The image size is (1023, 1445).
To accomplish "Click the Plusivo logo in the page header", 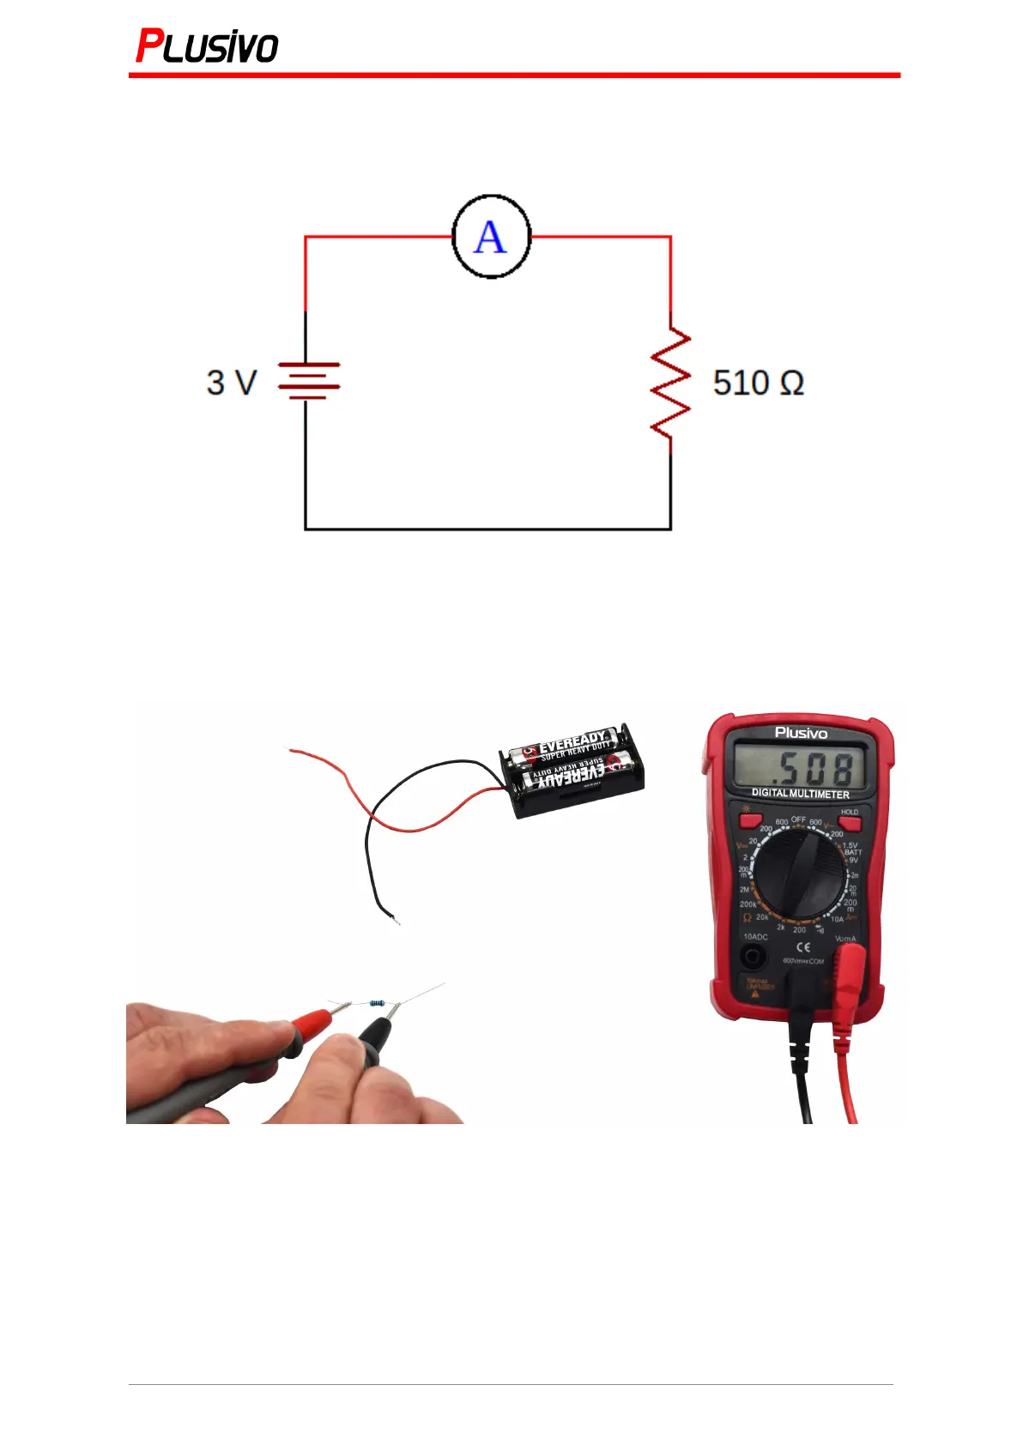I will tap(207, 46).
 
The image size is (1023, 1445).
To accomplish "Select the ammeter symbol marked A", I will tap(491, 237).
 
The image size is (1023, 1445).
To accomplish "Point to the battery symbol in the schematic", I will tap(307, 381).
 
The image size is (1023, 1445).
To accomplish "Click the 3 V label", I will tap(231, 383).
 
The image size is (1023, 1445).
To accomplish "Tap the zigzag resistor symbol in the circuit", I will tap(671, 383).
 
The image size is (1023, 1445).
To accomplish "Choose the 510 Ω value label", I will tap(758, 383).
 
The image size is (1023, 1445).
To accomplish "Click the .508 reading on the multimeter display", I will tap(811, 767).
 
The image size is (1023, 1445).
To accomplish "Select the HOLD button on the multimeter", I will tap(850, 822).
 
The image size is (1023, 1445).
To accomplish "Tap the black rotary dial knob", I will tap(800, 874).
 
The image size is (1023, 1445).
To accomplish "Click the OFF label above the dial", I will tap(798, 819).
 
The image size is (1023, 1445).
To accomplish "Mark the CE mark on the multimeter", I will tap(802, 947).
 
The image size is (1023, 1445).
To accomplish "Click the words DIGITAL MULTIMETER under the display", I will tap(800, 795).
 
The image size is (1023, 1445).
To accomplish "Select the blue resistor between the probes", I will tap(375, 1002).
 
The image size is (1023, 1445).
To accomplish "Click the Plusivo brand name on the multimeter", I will tap(801, 733).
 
